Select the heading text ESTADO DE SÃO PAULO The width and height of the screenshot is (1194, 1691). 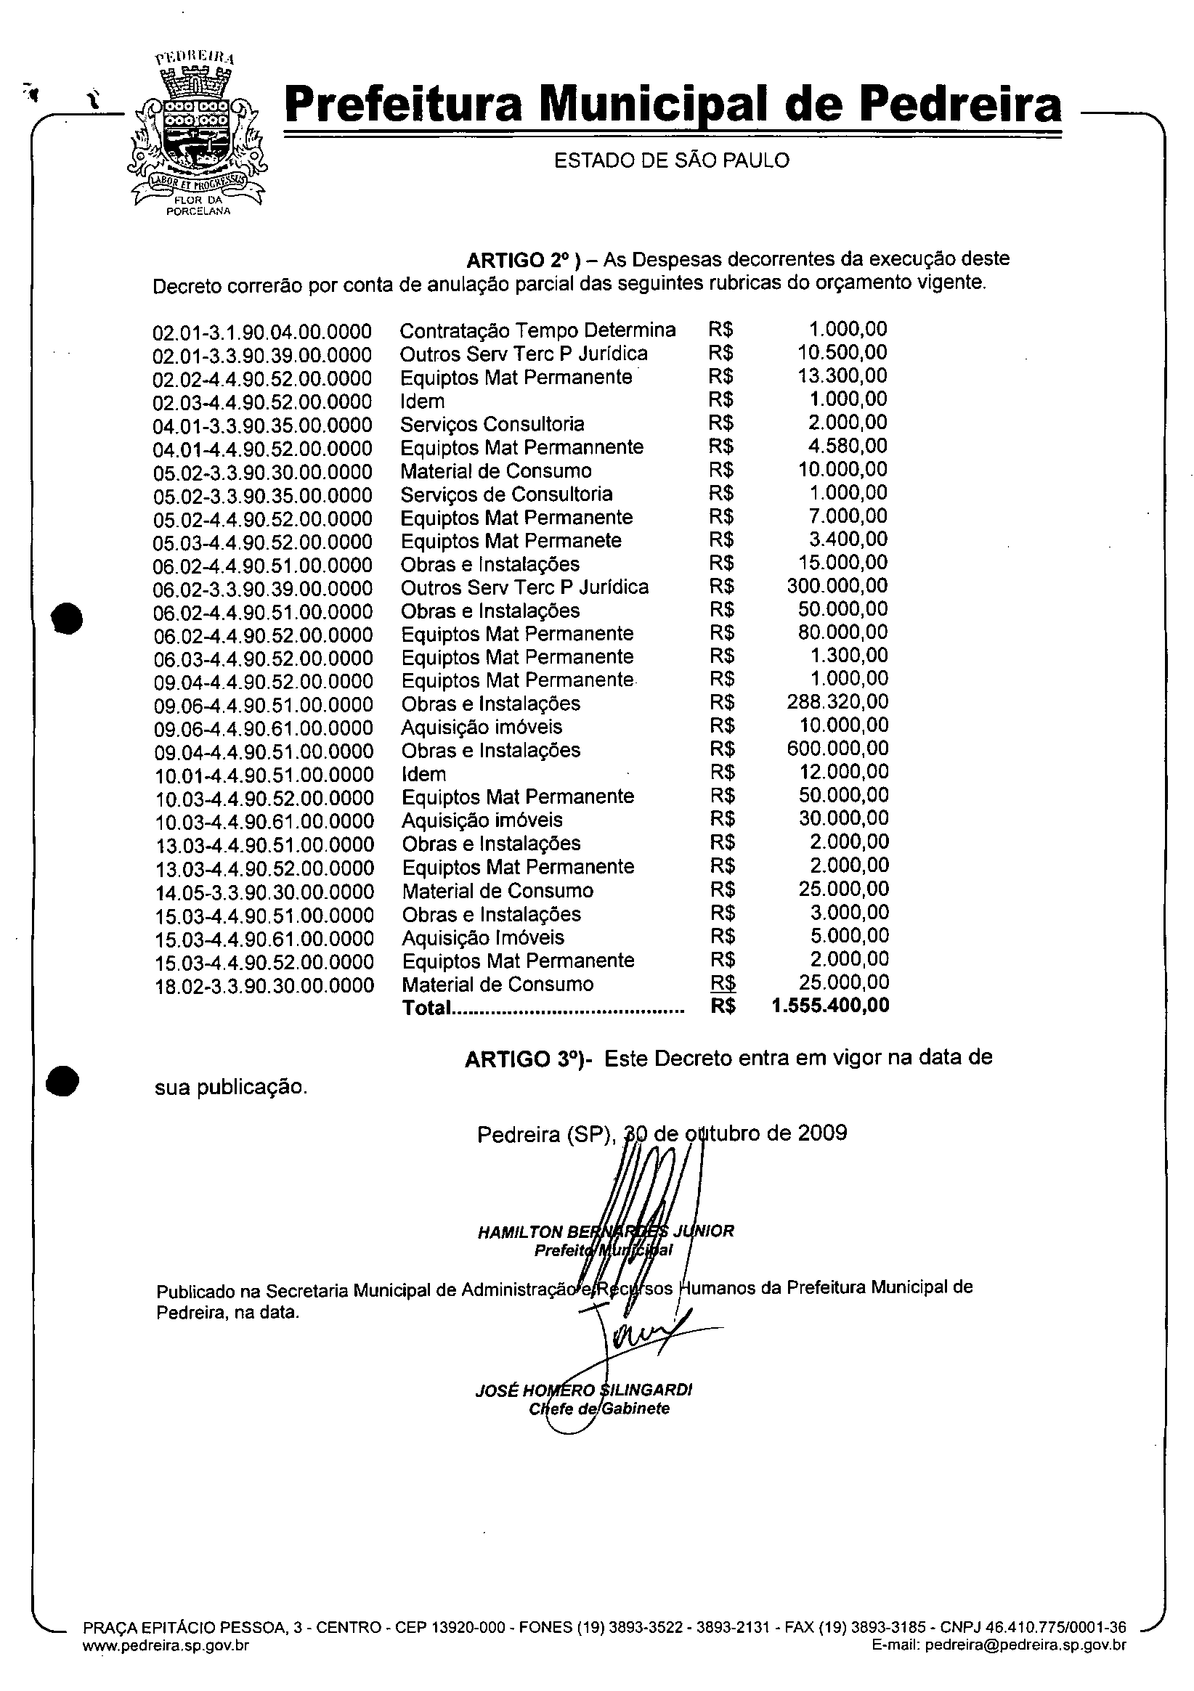[671, 160]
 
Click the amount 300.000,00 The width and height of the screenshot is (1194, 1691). [837, 586]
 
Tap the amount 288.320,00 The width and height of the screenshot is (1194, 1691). [837, 702]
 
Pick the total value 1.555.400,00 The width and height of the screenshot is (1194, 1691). [830, 1006]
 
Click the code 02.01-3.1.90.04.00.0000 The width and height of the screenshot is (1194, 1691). [262, 332]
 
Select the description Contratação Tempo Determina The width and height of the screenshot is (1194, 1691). [537, 330]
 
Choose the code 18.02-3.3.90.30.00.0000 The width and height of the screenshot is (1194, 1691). [264, 985]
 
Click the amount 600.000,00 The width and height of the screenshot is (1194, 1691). [837, 749]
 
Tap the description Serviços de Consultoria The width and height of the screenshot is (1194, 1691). [506, 494]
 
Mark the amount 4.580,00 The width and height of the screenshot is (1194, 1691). [848, 446]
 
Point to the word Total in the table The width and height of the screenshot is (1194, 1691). [426, 1008]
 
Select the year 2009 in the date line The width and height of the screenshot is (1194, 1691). [822, 1132]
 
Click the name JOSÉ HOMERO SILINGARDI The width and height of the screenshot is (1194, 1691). [583, 1390]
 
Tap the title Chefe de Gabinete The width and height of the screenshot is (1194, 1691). [599, 1409]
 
